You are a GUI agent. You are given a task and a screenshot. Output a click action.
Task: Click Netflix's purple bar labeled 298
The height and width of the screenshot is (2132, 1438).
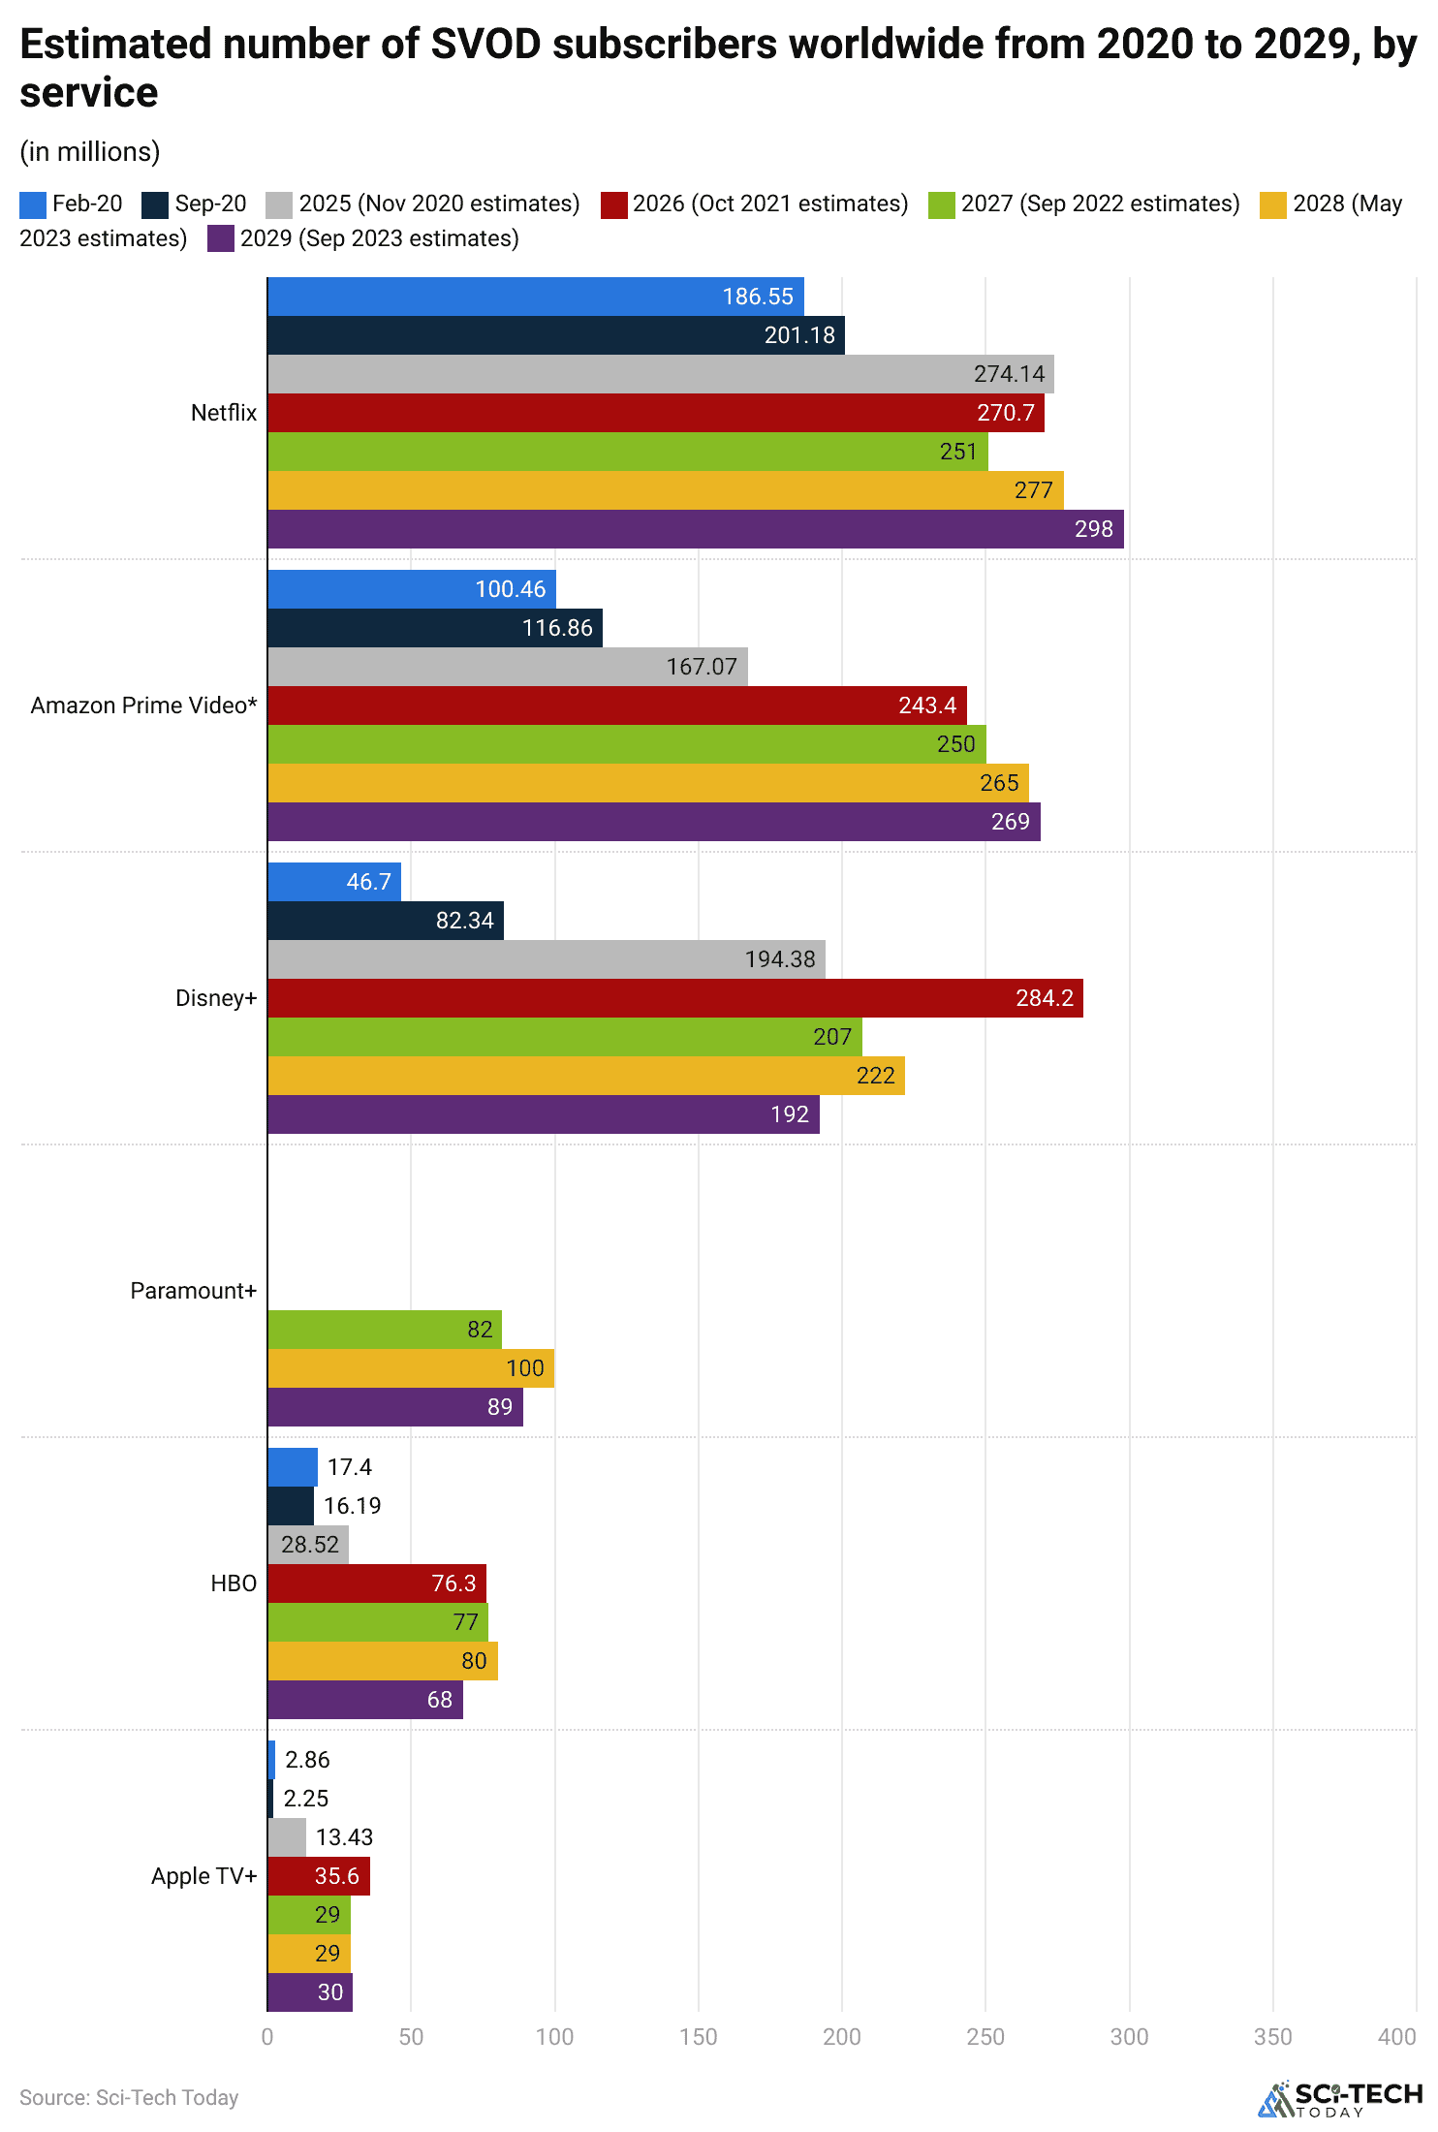pyautogui.click(x=695, y=529)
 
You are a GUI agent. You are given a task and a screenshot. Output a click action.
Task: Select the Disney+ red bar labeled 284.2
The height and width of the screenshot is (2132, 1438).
pyautogui.click(x=674, y=998)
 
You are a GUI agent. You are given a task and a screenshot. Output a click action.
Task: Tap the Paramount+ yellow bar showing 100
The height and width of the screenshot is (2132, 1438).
pyautogui.click(x=410, y=1368)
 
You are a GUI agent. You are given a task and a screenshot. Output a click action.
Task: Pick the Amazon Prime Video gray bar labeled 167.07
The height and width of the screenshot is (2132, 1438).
pyautogui.click(x=507, y=667)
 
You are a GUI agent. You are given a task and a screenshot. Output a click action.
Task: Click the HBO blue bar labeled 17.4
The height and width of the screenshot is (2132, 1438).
pyautogui.click(x=292, y=1467)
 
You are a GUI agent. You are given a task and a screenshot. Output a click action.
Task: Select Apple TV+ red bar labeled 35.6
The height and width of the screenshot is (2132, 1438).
pyautogui.click(x=318, y=1876)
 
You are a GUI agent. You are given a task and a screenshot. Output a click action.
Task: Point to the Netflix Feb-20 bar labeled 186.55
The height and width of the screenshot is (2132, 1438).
pyautogui.click(x=535, y=297)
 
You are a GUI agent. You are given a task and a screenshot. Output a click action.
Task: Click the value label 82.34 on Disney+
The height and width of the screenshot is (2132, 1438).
pyautogui.click(x=464, y=921)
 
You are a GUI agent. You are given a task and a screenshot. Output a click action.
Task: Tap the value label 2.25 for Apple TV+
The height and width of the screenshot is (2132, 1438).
pyautogui.click(x=306, y=1799)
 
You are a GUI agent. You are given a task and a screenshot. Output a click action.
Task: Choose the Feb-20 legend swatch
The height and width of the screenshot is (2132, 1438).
pyautogui.click(x=32, y=204)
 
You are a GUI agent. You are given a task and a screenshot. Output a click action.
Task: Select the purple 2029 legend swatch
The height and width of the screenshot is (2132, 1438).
pyautogui.click(x=220, y=239)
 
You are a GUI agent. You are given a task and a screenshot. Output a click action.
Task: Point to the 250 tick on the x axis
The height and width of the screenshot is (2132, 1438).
pyautogui.click(x=985, y=2037)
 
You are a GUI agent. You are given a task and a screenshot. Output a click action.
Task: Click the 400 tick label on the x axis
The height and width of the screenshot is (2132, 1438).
pyautogui.click(x=1396, y=2037)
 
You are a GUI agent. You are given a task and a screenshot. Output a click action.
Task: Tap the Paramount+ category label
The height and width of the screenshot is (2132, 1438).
pyautogui.click(x=193, y=1291)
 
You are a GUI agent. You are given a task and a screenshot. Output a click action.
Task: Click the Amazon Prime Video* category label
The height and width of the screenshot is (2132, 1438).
pyautogui.click(x=143, y=705)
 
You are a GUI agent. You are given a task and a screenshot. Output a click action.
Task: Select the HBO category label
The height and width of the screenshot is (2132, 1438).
pyautogui.click(x=234, y=1583)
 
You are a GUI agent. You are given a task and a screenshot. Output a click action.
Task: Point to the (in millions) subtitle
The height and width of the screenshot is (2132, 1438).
pyautogui.click(x=90, y=152)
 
